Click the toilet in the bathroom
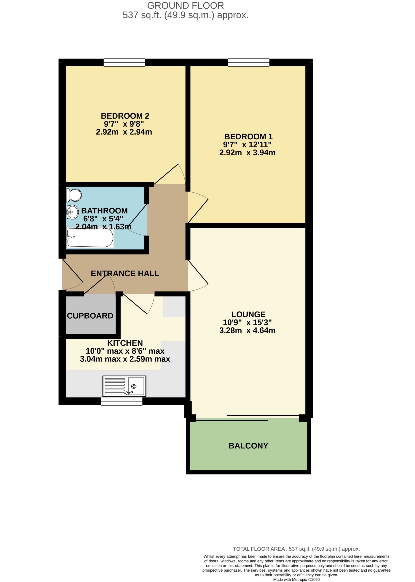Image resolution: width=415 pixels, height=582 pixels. [73, 195]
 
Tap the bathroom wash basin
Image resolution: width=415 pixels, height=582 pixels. [73, 212]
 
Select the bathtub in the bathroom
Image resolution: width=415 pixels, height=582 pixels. [90, 238]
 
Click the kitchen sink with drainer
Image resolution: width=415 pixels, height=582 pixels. [124, 386]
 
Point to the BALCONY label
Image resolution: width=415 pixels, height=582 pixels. [248, 446]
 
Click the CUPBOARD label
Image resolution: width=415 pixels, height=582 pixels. [90, 316]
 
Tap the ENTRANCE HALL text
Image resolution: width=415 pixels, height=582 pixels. [125, 274]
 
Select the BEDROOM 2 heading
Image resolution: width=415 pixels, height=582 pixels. [125, 116]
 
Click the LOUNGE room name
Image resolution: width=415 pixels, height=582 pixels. [248, 314]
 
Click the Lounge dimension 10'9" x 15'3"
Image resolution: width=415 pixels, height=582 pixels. [247, 322]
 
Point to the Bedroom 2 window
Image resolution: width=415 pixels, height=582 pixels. [124, 62]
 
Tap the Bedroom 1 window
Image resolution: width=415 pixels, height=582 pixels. [249, 62]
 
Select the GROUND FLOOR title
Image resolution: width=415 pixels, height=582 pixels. [185, 5]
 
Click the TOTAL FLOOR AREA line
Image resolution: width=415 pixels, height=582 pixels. [296, 549]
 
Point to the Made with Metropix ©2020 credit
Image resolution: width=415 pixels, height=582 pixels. [296, 579]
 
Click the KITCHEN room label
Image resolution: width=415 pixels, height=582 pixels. [125, 343]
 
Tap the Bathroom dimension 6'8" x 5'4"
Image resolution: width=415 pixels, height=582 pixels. [103, 219]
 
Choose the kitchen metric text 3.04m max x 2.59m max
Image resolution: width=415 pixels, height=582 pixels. [125, 359]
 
